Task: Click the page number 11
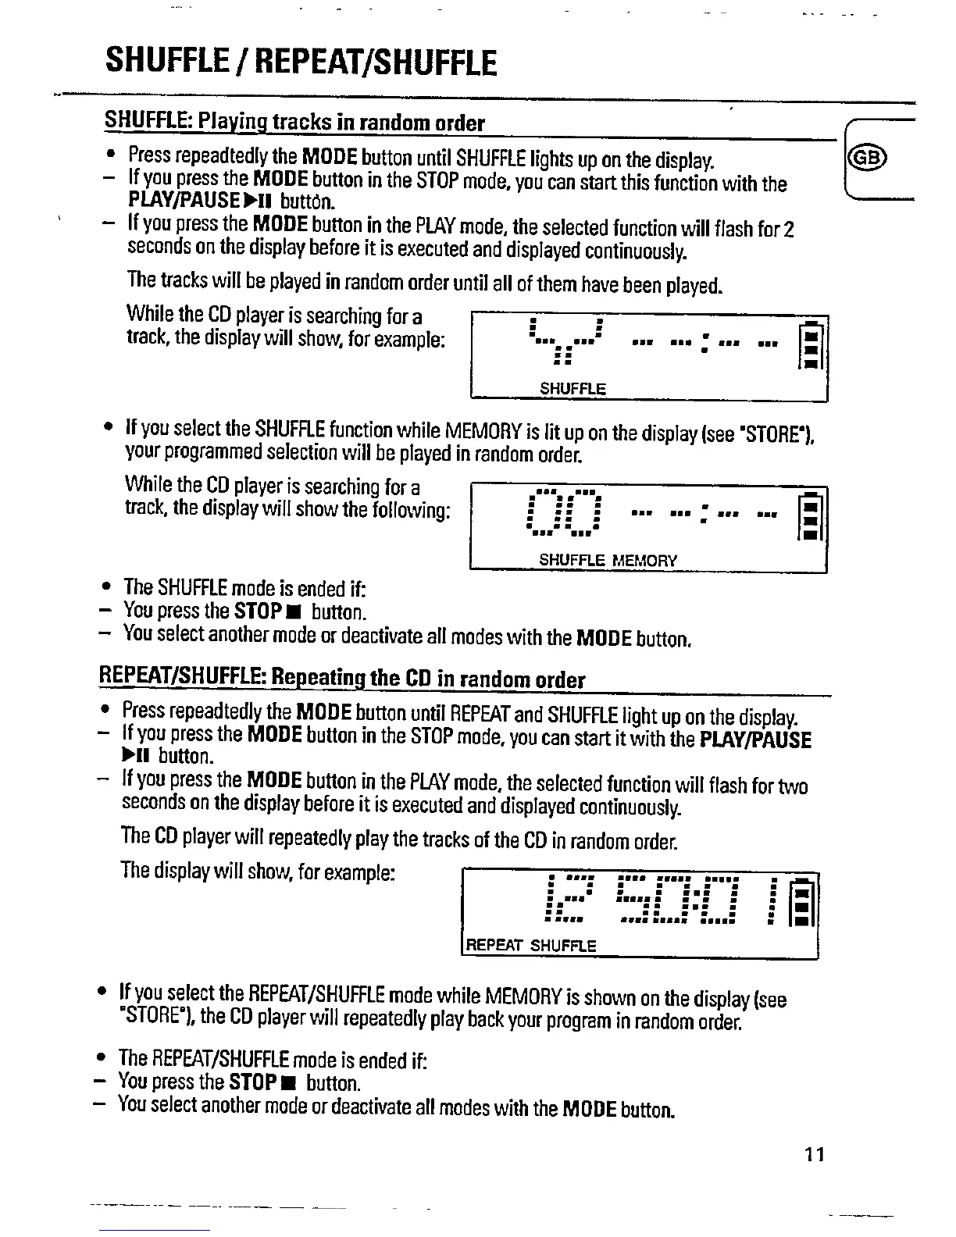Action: pyautogui.click(x=815, y=1154)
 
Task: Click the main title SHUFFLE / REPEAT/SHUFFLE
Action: pyautogui.click(x=301, y=62)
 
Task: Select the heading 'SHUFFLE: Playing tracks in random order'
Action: pyautogui.click(x=294, y=123)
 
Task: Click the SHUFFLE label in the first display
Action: pyautogui.click(x=573, y=388)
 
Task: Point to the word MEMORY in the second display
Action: pyautogui.click(x=644, y=560)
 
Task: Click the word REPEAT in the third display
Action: pyautogui.click(x=494, y=946)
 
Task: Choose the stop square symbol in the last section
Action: pyautogui.click(x=292, y=1083)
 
